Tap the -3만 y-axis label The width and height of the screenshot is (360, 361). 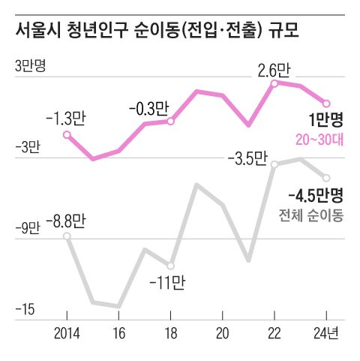pyautogui.click(x=27, y=147)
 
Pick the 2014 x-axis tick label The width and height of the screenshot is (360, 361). pyautogui.click(x=67, y=332)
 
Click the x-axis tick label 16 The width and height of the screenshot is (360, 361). pyautogui.click(x=118, y=332)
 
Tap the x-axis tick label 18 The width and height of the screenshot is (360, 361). pyautogui.click(x=170, y=332)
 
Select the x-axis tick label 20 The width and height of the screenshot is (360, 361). pyautogui.click(x=222, y=332)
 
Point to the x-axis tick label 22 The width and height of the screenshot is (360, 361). pyautogui.click(x=274, y=332)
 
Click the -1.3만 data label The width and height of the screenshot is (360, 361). pyautogui.click(x=66, y=118)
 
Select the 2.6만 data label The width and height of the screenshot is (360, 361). pyautogui.click(x=273, y=71)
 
